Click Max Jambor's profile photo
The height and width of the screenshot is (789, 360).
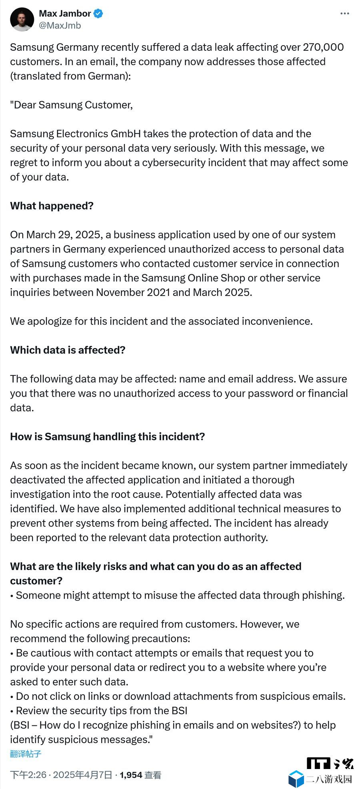coord(22,19)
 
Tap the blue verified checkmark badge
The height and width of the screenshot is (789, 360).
coord(98,14)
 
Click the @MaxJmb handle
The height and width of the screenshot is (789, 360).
coord(60,26)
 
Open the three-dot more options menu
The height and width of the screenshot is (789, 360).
coord(344,14)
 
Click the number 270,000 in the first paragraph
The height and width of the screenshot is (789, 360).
coord(323,47)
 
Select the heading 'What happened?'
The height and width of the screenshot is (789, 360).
coord(52,206)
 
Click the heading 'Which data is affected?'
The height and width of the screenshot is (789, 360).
coord(68,350)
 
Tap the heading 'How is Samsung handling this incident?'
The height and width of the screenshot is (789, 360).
coord(107,437)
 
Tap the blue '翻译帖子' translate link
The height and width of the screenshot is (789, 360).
coord(26,754)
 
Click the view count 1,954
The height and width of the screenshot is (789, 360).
coord(131,775)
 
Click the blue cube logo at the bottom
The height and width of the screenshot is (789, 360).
coord(296,779)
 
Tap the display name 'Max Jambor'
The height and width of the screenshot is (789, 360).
coord(65,14)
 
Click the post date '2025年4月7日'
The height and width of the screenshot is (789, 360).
coord(82,775)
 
